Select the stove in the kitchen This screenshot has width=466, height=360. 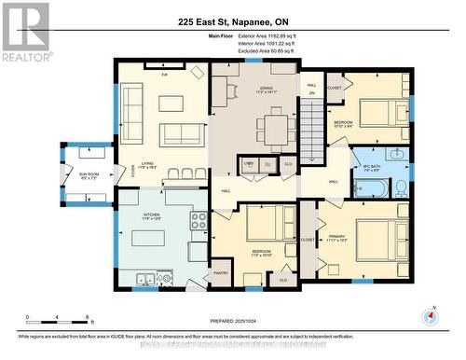199,221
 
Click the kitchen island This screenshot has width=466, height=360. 147,238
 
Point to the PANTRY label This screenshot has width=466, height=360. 221,273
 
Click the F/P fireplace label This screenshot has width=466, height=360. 164,74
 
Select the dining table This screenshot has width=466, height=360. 277,127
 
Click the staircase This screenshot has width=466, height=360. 310,132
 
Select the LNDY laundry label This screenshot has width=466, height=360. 249,162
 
